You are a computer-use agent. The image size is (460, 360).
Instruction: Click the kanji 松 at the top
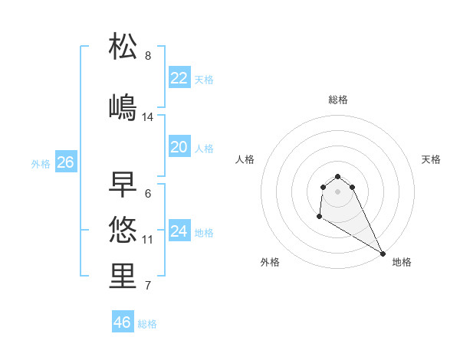coord(123,46)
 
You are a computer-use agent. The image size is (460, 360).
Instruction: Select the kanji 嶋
coord(123,106)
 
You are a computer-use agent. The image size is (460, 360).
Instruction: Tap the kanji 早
coord(123,183)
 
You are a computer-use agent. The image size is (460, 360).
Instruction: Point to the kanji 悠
coord(123,229)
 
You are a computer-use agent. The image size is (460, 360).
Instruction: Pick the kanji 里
coord(123,276)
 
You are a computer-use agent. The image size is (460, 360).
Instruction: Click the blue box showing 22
coord(179,78)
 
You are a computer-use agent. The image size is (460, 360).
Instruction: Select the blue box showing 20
coord(179,148)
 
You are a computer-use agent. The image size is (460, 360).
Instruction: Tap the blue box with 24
coord(179,231)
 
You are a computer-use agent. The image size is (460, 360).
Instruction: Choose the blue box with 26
coord(65,162)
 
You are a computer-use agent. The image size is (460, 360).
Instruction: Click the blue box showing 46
coord(123,322)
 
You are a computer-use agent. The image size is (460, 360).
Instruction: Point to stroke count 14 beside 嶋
coord(148,117)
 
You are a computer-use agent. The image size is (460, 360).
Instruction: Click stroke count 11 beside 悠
coord(148,240)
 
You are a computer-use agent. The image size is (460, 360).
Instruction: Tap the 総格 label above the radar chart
coord(338,100)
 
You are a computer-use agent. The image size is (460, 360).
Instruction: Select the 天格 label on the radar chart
coord(431,159)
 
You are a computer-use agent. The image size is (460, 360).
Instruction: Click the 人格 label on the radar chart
coord(245,159)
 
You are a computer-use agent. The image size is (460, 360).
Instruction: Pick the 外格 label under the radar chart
coord(270,262)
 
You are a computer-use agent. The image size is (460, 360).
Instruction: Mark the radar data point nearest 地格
coord(383,254)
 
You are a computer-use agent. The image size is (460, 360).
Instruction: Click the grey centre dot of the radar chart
coord(337,191)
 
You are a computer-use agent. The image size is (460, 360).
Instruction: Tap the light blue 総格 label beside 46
coord(147,324)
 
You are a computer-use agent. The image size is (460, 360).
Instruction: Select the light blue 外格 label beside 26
coord(41,163)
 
